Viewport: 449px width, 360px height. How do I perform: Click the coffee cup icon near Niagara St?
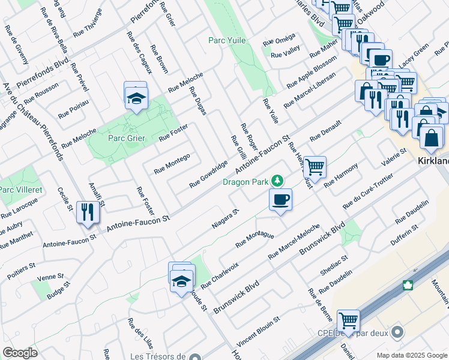tap(280, 199)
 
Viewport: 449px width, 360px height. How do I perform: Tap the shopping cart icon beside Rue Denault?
tap(314, 166)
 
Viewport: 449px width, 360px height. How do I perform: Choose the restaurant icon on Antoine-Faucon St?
tap(88, 212)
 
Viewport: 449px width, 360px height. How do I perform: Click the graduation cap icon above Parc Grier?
tap(136, 97)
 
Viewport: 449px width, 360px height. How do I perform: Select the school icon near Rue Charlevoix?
tap(181, 280)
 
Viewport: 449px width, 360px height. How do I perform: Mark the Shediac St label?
tap(334, 266)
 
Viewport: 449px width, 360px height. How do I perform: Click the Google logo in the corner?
tap(20, 353)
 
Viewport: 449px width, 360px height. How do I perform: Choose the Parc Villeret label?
tap(15, 190)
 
